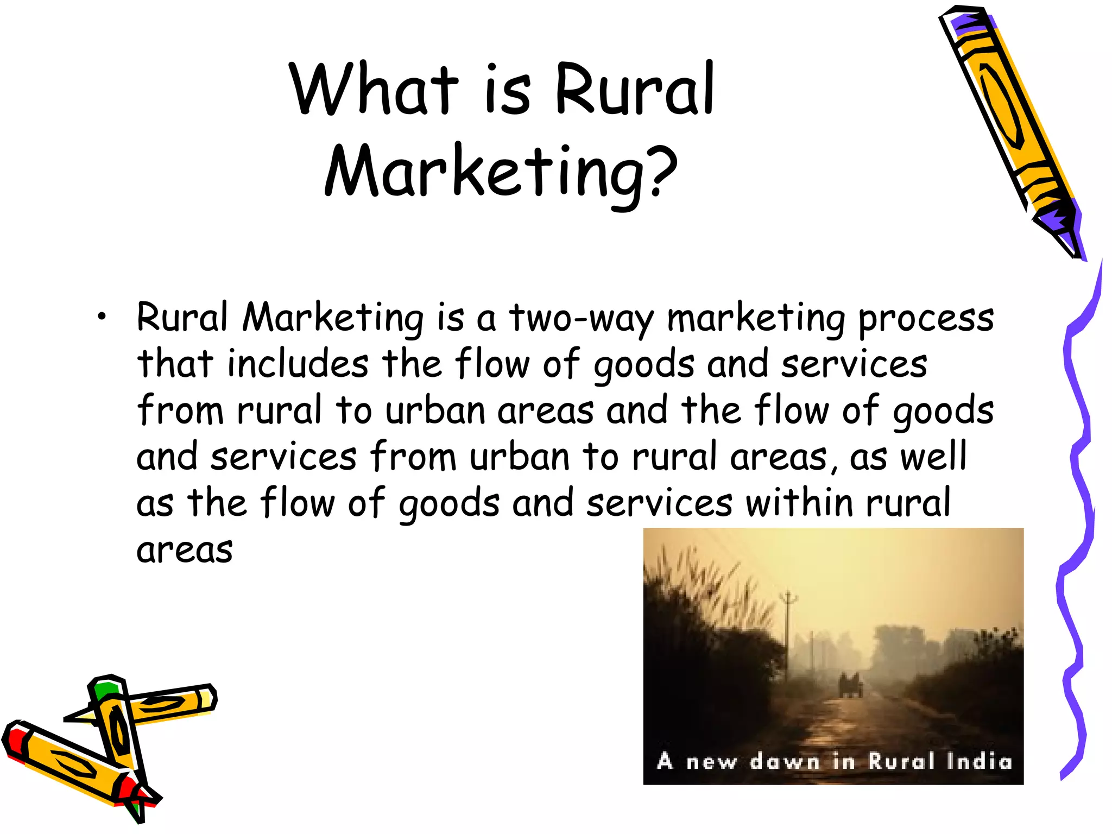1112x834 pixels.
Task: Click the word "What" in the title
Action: click(374, 90)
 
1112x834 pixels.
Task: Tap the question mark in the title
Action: click(662, 170)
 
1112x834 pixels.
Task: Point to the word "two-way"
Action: click(581, 319)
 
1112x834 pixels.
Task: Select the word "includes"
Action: click(298, 364)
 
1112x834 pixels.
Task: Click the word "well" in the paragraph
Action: click(934, 456)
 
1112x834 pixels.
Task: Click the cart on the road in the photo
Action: click(850, 686)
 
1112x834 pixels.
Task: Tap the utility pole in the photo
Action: click(788, 630)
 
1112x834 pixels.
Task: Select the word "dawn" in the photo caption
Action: click(785, 762)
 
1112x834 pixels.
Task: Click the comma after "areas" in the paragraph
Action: click(835, 468)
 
